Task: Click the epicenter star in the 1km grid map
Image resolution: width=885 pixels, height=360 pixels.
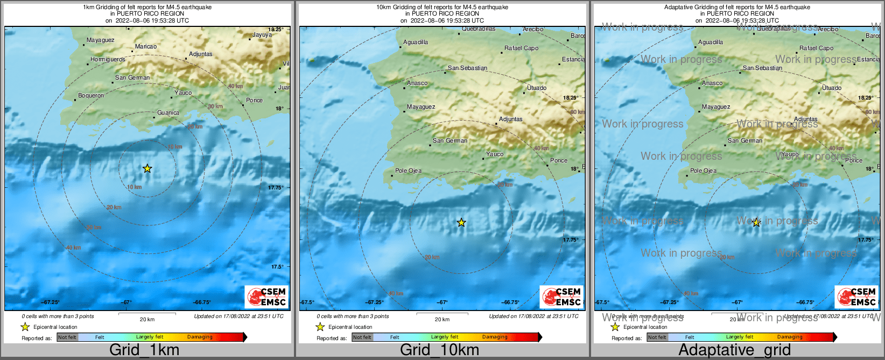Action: pos(147,168)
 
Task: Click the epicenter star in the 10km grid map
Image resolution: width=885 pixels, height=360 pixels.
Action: pos(461,222)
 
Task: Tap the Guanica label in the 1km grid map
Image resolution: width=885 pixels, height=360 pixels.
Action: pos(168,112)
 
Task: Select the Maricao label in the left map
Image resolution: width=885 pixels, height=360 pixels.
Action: pos(146,46)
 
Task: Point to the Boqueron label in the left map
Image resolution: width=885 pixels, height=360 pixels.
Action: pos(91,95)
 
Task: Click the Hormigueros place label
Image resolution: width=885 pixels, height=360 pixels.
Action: pos(108,59)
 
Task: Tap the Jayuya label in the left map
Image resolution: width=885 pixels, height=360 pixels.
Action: pos(262,34)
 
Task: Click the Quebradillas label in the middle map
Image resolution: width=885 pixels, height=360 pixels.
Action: pos(478,29)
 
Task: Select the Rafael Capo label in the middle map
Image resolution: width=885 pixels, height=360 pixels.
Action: pos(521,48)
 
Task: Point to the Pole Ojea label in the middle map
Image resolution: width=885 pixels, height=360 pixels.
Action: pos(408,171)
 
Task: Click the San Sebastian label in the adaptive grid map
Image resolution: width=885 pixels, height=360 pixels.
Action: pos(762,68)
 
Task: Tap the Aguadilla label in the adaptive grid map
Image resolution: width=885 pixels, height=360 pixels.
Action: pos(711,42)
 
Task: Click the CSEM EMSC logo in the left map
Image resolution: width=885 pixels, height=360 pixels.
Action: pos(267,297)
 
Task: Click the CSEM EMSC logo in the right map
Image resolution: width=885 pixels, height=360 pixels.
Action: pos(857,297)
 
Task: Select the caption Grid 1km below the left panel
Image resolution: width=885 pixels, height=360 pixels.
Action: pos(144,350)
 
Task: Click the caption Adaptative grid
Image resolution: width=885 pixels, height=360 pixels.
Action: pos(734,350)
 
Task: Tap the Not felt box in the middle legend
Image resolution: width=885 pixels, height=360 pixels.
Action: pos(362,337)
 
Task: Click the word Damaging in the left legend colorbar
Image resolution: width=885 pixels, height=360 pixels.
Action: pos(200,337)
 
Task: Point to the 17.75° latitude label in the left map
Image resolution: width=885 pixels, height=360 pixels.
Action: pos(276,187)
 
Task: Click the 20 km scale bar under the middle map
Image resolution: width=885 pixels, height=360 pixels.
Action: pos(442,314)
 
